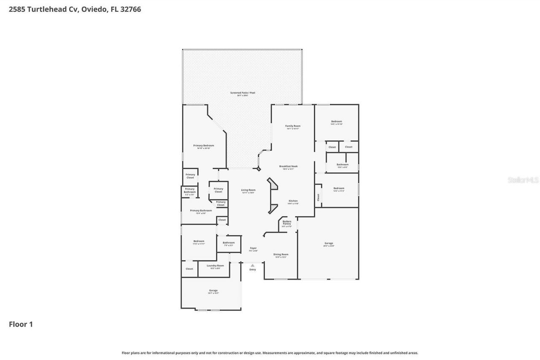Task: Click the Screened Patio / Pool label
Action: tap(242, 93)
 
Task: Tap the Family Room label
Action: tap(293, 126)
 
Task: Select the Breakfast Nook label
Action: tap(288, 167)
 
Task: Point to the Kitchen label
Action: tap(293, 201)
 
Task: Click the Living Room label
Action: tap(248, 190)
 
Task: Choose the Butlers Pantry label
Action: tap(287, 223)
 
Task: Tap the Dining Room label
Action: tap(281, 255)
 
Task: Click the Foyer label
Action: tap(253, 248)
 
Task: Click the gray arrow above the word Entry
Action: tap(253, 265)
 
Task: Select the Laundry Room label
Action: tap(215, 266)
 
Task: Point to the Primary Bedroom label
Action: tap(203, 145)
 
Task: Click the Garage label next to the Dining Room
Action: tap(329, 243)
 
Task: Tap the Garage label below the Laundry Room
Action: tap(213, 290)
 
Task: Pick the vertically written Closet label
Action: tap(318, 197)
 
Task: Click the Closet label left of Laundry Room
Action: tap(189, 269)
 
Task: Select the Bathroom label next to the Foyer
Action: tap(229, 243)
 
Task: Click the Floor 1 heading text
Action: tap(21, 324)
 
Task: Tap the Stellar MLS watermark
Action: tap(523, 180)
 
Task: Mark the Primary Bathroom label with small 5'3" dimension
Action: tap(189, 191)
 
